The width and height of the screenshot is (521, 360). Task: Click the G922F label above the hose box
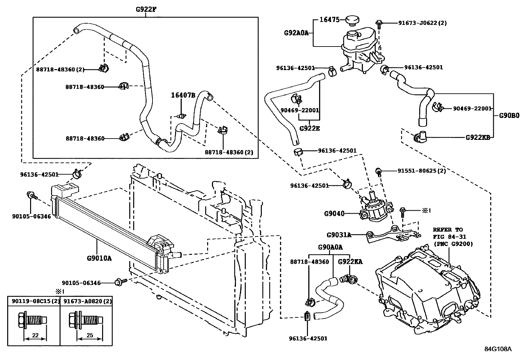click(146, 9)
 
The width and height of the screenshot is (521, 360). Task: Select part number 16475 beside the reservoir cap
click(330, 20)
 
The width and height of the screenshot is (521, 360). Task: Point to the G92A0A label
click(296, 33)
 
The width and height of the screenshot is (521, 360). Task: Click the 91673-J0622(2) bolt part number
click(422, 23)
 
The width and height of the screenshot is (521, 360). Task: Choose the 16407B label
click(183, 95)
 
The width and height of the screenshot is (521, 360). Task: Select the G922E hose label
click(310, 128)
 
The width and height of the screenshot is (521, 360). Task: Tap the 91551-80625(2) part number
click(422, 171)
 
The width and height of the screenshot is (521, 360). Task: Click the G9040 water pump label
click(334, 214)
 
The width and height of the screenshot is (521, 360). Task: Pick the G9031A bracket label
click(339, 235)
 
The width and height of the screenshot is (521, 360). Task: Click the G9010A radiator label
click(99, 258)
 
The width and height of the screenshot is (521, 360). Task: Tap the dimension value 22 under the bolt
click(35, 335)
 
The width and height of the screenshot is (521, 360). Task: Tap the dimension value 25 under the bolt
click(90, 335)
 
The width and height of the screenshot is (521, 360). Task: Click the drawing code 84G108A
click(497, 349)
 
